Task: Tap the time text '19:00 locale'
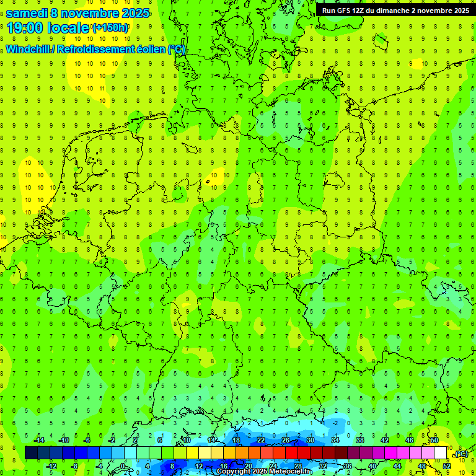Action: (48, 28)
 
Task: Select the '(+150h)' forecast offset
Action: (110, 28)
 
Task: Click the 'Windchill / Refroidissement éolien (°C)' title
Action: (96, 50)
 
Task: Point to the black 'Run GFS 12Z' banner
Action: (395, 11)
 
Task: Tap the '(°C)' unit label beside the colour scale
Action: (461, 454)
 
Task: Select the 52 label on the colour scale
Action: (447, 466)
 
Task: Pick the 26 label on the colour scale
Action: (286, 440)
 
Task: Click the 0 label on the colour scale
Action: (123, 466)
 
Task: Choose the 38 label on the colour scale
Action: (360, 440)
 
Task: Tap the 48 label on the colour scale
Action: (422, 466)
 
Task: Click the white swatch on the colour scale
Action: (441, 453)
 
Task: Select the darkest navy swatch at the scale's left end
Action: (31, 453)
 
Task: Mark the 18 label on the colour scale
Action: (236, 440)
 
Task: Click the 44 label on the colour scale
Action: (397, 466)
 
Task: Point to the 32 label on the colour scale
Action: (323, 466)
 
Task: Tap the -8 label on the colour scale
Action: (75, 466)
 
